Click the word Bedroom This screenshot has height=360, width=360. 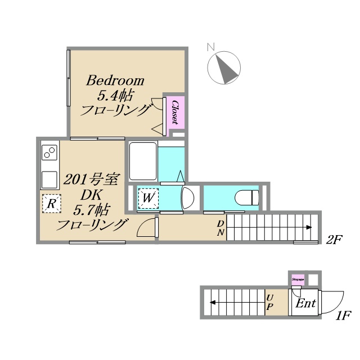click(x=115, y=80)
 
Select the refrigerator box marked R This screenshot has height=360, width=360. click(x=51, y=204)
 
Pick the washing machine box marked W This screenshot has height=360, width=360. click(x=148, y=197)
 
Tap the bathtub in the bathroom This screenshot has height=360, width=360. click(x=143, y=160)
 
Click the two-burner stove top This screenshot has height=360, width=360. click(x=49, y=154)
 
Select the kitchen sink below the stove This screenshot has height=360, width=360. click(x=49, y=179)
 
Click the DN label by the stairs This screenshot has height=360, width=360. click(x=221, y=227)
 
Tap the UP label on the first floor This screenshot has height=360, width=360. click(x=270, y=302)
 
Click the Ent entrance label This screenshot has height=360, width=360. click(x=305, y=304)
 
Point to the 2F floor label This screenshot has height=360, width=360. click(x=334, y=240)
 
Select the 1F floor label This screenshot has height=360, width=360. click(x=343, y=316)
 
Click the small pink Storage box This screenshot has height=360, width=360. click(x=298, y=278)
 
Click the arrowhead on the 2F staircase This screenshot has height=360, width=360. click(x=310, y=227)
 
